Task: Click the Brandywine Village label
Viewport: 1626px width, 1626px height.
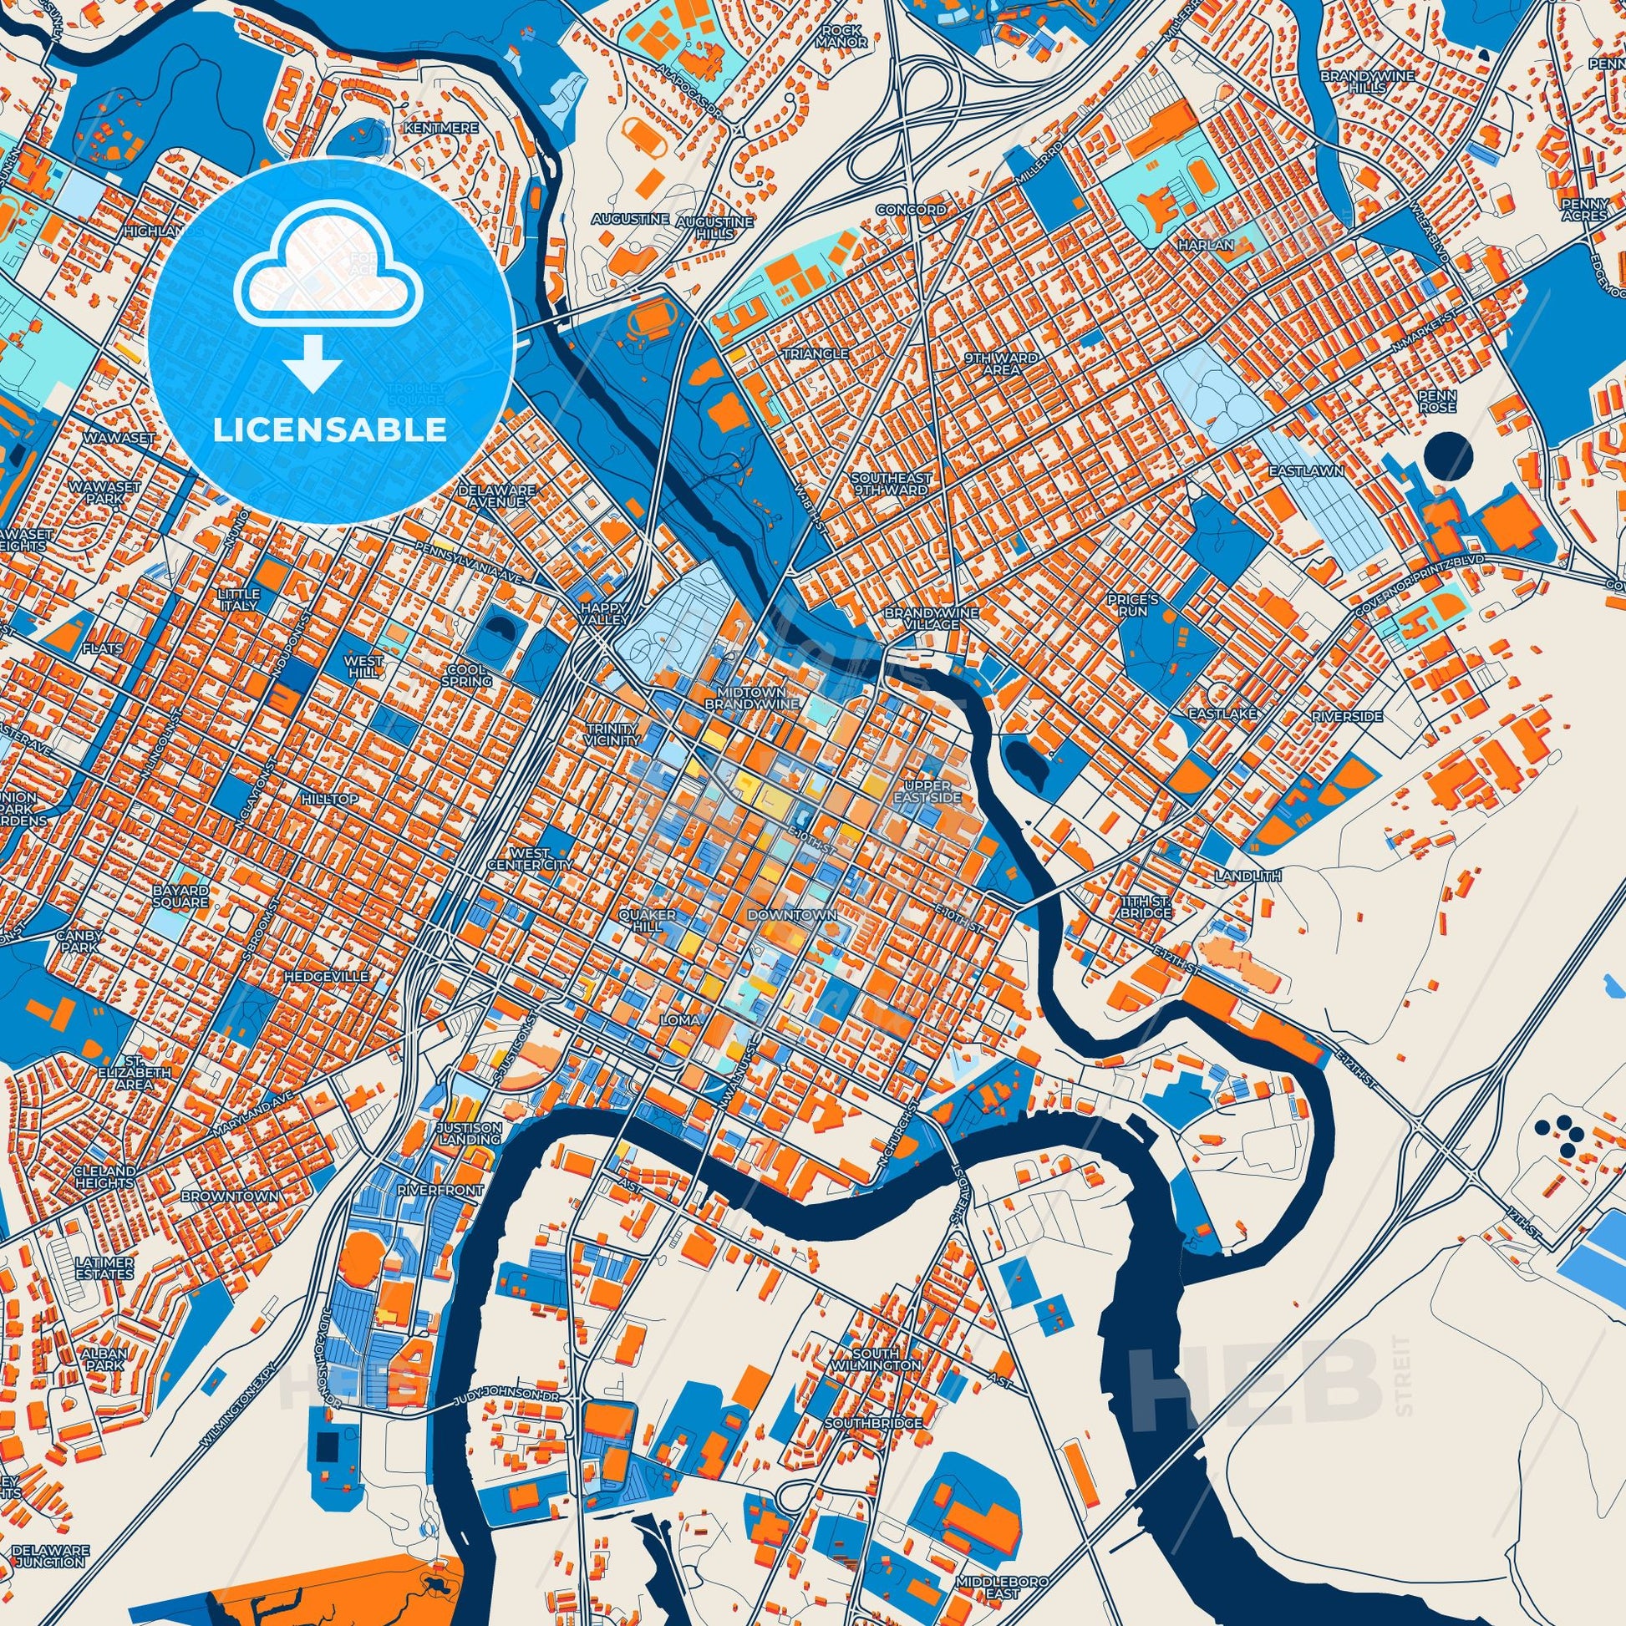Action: point(931,618)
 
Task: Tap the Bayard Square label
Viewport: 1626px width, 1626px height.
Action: point(180,896)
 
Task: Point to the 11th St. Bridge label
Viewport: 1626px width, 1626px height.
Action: point(1146,907)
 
